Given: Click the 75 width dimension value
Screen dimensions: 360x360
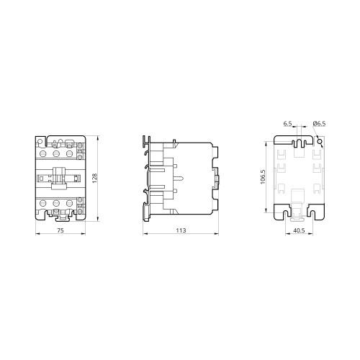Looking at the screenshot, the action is (x=60, y=230).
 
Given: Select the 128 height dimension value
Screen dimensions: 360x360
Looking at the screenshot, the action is (x=94, y=179).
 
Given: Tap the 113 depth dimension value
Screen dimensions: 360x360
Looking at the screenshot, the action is (x=181, y=230).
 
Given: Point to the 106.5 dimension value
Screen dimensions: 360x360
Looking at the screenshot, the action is (x=263, y=177).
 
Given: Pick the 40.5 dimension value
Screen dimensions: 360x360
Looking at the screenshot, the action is (x=299, y=230).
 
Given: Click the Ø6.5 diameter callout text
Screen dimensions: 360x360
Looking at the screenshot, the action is (x=319, y=124).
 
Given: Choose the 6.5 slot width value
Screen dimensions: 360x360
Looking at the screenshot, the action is (x=287, y=124).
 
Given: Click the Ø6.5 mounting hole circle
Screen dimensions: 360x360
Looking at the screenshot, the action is (x=320, y=142).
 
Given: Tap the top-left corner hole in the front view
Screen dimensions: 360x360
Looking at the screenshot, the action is (x=40, y=142).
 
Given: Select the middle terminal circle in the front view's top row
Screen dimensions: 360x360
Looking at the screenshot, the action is (x=56, y=153).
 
